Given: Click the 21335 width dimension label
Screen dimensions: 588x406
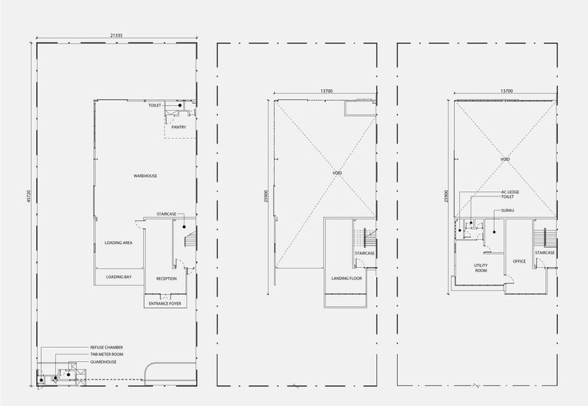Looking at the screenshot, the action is (x=116, y=35).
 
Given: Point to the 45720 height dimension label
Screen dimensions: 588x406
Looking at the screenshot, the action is (x=29, y=196).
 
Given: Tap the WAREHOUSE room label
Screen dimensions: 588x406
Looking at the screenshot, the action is (x=146, y=176).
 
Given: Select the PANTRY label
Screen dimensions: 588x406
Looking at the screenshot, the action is (x=179, y=127).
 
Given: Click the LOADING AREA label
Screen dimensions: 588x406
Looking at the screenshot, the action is (x=118, y=243).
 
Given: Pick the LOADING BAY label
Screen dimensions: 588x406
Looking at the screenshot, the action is (x=119, y=277).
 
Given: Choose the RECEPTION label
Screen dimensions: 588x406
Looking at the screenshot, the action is (x=167, y=279).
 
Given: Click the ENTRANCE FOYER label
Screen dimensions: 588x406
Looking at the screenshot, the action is (x=165, y=304).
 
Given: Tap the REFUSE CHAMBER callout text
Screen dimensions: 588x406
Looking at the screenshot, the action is (x=107, y=347).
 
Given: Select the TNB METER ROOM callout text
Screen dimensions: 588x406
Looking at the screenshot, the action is (x=107, y=355).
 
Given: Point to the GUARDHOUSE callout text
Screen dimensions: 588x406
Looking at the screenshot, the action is (x=103, y=362).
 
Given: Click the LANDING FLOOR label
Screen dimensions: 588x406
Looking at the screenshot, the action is (x=347, y=279).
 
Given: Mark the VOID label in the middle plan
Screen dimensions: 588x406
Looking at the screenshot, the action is (x=337, y=173).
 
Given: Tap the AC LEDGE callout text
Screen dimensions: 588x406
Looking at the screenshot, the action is (x=510, y=192).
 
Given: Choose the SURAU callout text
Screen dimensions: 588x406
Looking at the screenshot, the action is (x=508, y=210).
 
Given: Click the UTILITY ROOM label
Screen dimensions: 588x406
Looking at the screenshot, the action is (x=481, y=268).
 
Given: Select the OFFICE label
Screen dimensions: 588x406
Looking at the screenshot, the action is (x=520, y=261).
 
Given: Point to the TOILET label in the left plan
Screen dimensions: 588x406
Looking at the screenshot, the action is (x=155, y=105).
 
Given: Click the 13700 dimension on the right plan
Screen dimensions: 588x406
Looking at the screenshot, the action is (x=506, y=90).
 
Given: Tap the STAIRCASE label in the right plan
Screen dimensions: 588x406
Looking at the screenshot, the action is (x=545, y=253).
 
